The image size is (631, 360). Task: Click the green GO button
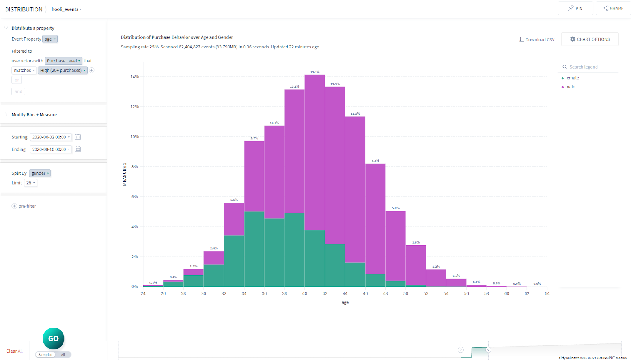coord(53,338)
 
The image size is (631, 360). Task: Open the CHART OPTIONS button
coord(590,39)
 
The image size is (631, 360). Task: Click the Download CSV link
coord(537,40)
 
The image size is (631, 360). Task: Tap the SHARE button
coord(613,8)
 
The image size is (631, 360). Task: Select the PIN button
coord(575,8)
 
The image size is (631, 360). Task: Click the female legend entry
coord(571,78)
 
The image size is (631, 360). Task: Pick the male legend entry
coord(570,87)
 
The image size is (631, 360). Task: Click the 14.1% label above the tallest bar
coord(315,72)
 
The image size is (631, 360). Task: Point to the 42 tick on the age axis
coord(325,293)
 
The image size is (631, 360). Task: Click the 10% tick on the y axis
coord(134,137)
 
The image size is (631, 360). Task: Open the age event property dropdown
coord(50,39)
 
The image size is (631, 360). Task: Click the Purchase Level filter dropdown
coord(63,61)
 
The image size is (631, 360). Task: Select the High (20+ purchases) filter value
coord(62,71)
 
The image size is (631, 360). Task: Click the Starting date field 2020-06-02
coord(51,137)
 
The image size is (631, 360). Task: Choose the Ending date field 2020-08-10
coord(51,149)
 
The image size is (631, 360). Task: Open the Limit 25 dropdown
coord(31,183)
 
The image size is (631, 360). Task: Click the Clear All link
coord(15,351)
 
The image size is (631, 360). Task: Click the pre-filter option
coord(27,206)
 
